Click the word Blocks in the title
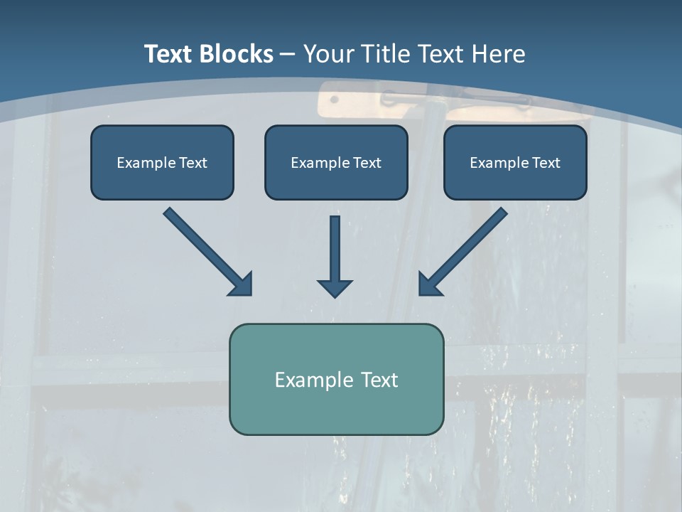click(x=237, y=54)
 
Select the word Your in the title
click(x=329, y=54)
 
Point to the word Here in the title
click(x=499, y=54)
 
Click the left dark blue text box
click(x=162, y=162)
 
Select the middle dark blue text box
click(x=336, y=162)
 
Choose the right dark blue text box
click(x=516, y=162)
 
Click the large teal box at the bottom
click(x=337, y=379)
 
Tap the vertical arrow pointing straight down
click(x=335, y=257)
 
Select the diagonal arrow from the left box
click(x=208, y=252)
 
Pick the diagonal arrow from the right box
click(x=462, y=252)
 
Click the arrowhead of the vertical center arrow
click(x=335, y=289)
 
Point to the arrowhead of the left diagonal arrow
click(x=243, y=287)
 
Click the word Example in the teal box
click(x=308, y=380)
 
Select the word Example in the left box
click(x=146, y=164)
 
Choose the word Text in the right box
click(x=546, y=163)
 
